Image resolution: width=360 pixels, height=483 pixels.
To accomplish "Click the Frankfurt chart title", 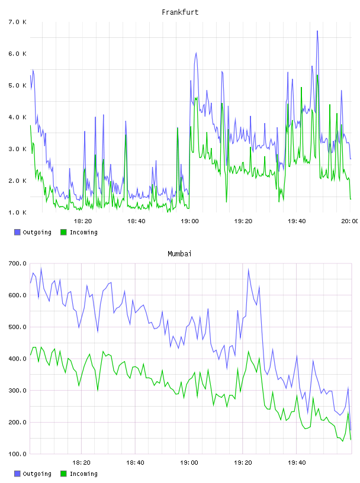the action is coord(180,12).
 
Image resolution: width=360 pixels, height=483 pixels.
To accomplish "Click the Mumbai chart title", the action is coord(179,254).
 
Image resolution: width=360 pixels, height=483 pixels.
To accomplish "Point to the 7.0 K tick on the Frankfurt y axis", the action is coord(17,22).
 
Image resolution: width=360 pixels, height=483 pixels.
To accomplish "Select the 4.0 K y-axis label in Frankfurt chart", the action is coord(17,117).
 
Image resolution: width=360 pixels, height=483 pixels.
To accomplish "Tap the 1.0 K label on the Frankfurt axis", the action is coord(17,212).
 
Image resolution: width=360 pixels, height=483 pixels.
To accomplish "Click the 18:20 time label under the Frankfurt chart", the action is coord(83,221).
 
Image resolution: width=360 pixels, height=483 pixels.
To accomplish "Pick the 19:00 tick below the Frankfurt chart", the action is coord(189,221).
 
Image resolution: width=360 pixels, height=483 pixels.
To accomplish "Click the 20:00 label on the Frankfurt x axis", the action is coord(349,221).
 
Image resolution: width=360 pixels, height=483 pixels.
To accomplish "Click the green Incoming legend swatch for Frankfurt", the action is coord(63,232).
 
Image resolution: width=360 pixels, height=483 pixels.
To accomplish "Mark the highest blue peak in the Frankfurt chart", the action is coord(317,31).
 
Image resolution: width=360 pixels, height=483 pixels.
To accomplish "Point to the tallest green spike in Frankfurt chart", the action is coord(317,75).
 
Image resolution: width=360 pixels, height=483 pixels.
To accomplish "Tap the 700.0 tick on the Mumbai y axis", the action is coord(17,263).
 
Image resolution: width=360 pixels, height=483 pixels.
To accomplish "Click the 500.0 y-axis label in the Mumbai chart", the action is coord(17,327).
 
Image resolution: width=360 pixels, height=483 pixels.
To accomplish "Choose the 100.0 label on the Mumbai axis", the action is coord(17,454).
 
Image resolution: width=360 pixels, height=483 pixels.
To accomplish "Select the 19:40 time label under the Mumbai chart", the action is coord(297,462).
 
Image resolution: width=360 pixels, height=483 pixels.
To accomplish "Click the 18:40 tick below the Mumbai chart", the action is coord(135,462).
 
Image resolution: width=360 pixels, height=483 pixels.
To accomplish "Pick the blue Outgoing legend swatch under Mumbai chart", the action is coord(17,474).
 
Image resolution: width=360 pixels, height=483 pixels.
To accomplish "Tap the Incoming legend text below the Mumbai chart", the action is coord(83,474).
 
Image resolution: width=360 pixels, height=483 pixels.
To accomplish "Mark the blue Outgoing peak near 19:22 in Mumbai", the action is coord(249,269).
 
